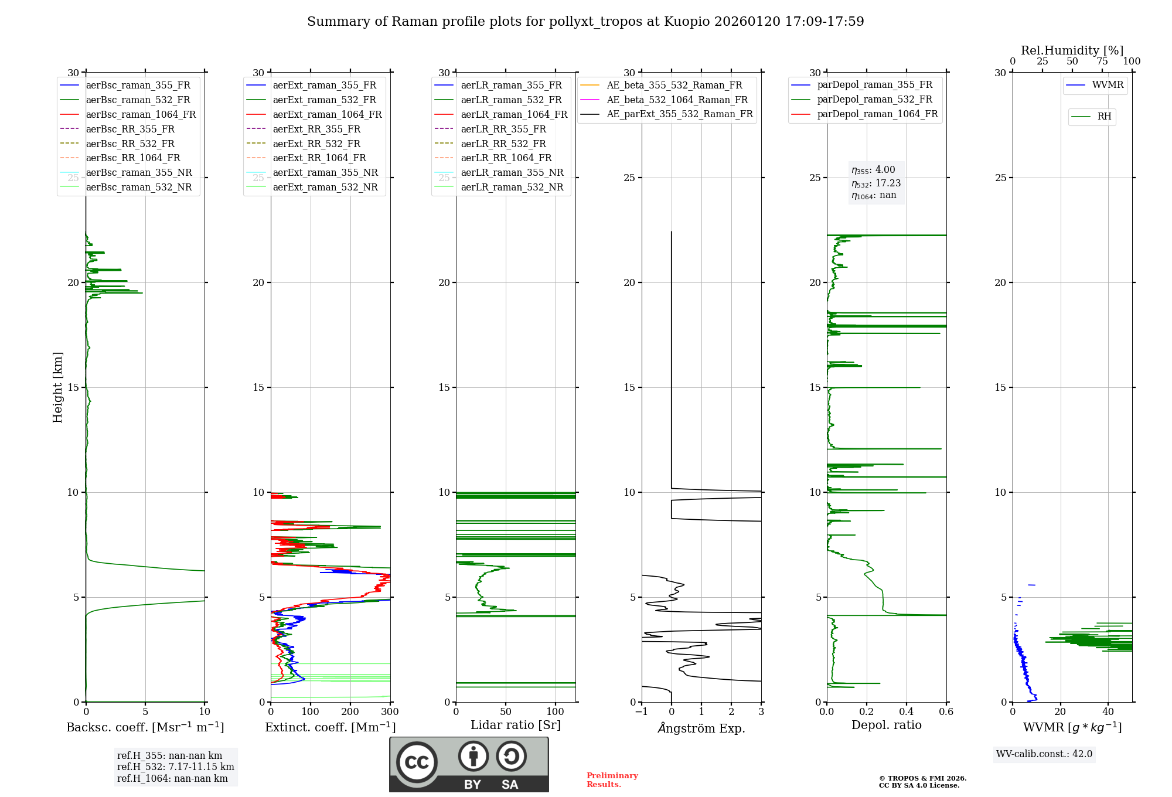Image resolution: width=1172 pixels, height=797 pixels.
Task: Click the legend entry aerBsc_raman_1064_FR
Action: pos(141,114)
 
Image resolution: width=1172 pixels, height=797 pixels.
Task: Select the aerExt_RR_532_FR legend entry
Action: pos(316,144)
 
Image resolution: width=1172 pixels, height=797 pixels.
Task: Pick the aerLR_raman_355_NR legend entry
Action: pos(512,172)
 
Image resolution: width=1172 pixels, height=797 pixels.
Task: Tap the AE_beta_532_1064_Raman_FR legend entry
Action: pos(677,100)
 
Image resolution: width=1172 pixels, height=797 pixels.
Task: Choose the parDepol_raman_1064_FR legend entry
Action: pos(877,114)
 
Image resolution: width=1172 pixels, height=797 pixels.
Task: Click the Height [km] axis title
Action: pos(57,387)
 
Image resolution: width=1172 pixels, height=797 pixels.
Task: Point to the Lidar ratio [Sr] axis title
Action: pos(516,725)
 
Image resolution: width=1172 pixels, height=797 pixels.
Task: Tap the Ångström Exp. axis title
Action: pos(701,728)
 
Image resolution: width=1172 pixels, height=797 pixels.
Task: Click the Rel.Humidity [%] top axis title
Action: pos(1072,50)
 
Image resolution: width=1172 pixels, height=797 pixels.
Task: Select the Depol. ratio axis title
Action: pos(886,725)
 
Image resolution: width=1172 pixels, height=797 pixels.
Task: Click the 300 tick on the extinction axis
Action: pos(390,712)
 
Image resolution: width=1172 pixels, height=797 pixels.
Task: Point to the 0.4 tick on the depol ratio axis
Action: pos(906,712)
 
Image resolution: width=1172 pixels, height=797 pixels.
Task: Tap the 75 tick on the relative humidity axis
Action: pos(1102,62)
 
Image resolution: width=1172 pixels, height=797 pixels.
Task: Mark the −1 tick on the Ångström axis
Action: pos(641,712)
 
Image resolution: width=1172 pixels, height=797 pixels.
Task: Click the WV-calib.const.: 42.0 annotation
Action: pos(1044,754)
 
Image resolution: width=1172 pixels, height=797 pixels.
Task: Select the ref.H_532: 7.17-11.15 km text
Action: pos(175,767)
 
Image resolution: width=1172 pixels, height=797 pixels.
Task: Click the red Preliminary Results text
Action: pos(612,779)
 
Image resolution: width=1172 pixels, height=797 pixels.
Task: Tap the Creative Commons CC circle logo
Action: pos(417,762)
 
